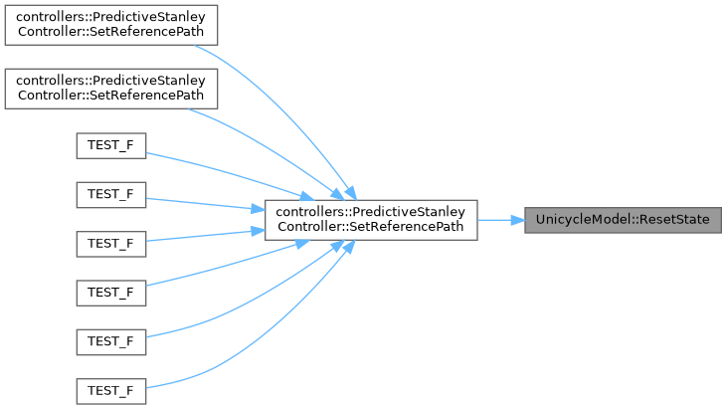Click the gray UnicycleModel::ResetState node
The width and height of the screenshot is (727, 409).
pos(623,220)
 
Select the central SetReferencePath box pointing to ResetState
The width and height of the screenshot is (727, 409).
pos(370,220)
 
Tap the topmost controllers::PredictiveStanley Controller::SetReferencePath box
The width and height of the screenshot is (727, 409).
pos(110,23)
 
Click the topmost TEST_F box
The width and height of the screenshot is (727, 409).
pos(110,145)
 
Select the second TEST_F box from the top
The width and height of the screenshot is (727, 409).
pos(110,194)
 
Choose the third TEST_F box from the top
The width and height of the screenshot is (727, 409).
pos(110,244)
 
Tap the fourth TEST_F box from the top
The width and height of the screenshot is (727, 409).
pos(110,293)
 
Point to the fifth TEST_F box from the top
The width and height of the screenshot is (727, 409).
pos(110,341)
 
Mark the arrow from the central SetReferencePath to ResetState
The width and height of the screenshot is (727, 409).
pos(497,220)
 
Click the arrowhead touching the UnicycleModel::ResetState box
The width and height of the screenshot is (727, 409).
pos(518,220)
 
